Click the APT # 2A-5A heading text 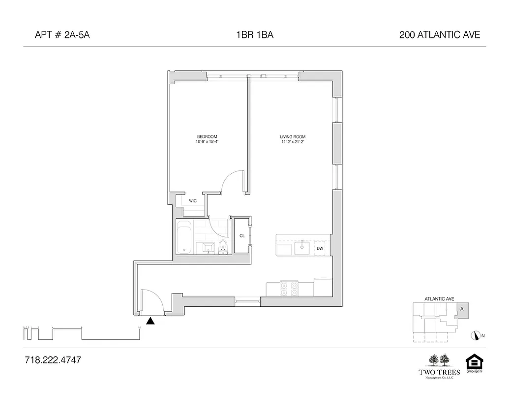[x=62, y=35]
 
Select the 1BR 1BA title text [x=254, y=35]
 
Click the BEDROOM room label [x=207, y=136]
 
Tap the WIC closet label [x=193, y=201]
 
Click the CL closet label [x=242, y=236]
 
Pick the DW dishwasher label [x=320, y=248]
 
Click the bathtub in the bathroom [x=184, y=237]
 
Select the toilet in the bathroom [x=223, y=248]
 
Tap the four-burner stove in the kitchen [x=289, y=288]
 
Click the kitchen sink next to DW [x=301, y=248]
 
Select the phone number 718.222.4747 [x=52, y=360]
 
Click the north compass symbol [x=476, y=335]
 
